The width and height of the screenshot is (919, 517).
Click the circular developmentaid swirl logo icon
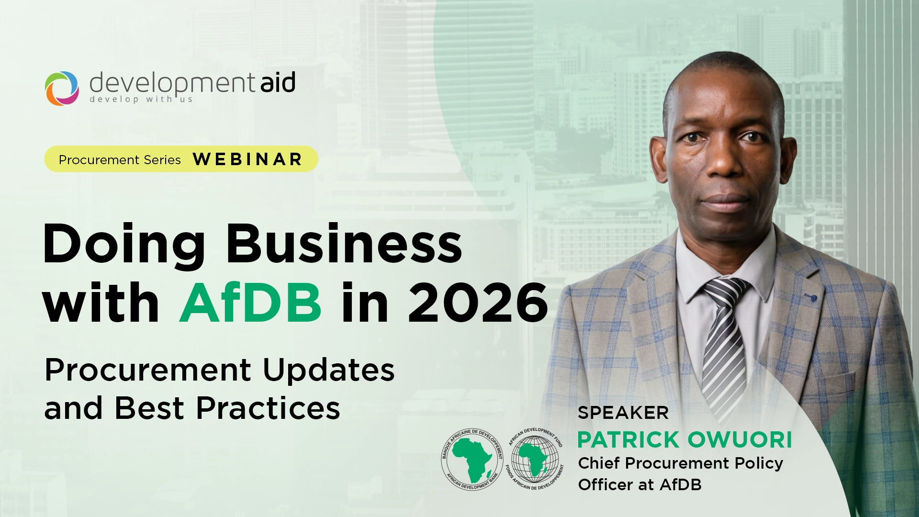62,88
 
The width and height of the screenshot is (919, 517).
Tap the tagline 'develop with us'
141,100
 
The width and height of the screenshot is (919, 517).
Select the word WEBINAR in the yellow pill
247,159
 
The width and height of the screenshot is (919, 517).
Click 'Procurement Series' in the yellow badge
120,160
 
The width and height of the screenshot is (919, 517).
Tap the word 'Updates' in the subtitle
328,370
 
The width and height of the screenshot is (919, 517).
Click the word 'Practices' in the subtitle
268,408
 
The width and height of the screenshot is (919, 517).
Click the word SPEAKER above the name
623,413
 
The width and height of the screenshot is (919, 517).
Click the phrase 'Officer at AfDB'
639,485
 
